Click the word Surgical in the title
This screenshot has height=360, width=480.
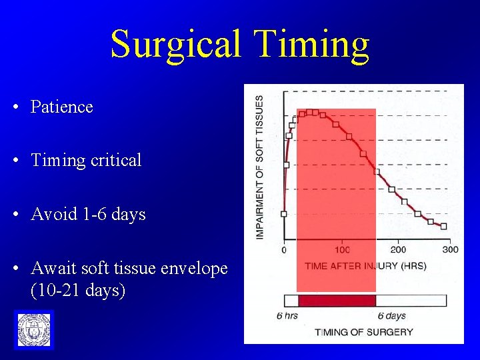click(175, 44)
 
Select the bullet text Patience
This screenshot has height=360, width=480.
click(61, 107)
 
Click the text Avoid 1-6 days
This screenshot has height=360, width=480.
click(87, 215)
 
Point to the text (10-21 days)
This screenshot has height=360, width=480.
click(77, 291)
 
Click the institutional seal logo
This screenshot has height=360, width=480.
click(33, 329)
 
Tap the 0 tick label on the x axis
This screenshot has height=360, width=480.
click(285, 250)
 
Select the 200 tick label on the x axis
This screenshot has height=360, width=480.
click(397, 250)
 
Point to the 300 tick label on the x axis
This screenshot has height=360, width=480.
click(451, 250)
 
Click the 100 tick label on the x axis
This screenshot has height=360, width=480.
click(342, 250)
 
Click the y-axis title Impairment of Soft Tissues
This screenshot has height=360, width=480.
click(259, 167)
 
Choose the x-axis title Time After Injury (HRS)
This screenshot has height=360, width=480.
click(365, 266)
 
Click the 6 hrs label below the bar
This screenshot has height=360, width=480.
click(287, 315)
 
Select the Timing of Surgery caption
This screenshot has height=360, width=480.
click(364, 331)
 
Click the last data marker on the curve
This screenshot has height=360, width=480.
click(443, 226)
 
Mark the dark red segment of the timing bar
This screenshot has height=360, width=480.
click(337, 301)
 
